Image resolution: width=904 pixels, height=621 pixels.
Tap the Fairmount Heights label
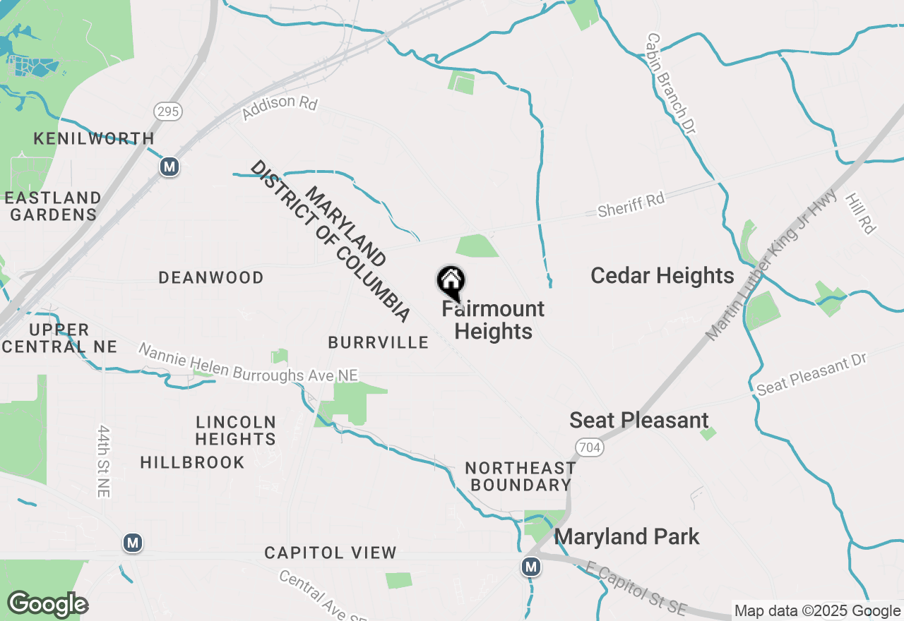[493, 320]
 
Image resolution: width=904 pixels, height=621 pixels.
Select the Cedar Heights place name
[662, 275]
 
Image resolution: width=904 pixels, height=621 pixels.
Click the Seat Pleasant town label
[638, 420]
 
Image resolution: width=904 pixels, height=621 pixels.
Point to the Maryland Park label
[626, 536]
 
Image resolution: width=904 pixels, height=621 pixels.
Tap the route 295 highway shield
[168, 111]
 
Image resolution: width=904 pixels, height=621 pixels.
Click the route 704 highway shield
[588, 447]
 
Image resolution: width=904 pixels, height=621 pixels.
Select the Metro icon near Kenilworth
[169, 167]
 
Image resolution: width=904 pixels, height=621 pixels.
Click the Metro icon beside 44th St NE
[132, 543]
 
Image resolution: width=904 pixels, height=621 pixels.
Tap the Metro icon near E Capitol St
[531, 566]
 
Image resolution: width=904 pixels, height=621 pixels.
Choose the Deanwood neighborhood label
[210, 277]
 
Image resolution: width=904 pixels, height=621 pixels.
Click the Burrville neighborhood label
[378, 343]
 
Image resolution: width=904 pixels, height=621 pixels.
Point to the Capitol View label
[330, 553]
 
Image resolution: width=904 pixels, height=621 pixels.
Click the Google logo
[47, 604]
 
